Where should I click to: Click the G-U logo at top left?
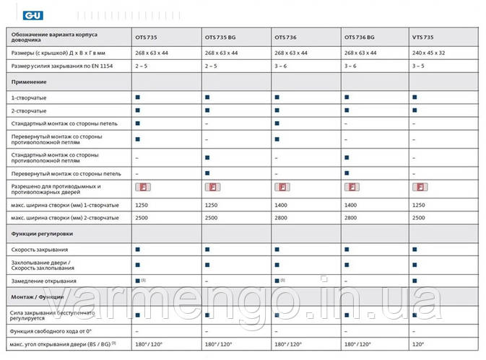[x=14, y=14]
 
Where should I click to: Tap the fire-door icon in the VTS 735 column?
[x=419, y=188]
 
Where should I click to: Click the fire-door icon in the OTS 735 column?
[x=142, y=188]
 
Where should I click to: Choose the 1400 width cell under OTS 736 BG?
[x=351, y=206]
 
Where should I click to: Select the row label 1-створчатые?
[x=25, y=97]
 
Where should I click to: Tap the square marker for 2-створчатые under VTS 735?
[x=415, y=110]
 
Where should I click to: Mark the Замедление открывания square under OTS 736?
[x=277, y=280]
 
